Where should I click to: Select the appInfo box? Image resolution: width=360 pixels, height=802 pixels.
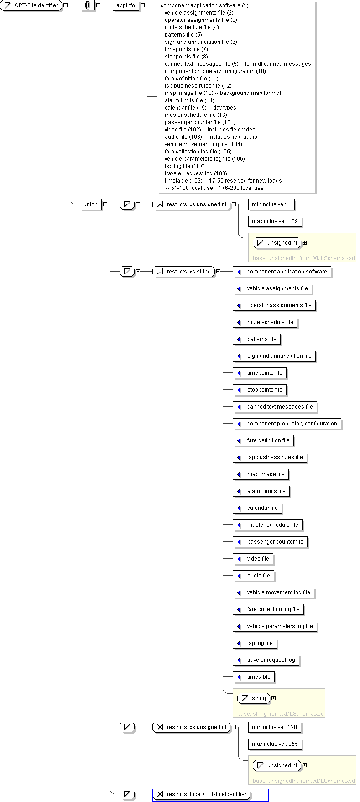(126, 5)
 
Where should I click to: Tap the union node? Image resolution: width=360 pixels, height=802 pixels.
(90, 204)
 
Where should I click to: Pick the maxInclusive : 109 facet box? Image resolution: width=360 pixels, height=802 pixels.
(275, 221)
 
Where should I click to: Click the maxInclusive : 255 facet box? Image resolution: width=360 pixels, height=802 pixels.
(275, 744)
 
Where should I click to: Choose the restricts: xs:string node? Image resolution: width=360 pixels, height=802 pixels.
(184, 272)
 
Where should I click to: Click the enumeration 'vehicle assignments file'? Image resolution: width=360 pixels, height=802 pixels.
(272, 288)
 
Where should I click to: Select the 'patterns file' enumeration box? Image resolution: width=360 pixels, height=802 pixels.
(256, 339)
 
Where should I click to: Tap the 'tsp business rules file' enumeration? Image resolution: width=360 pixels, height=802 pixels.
(270, 457)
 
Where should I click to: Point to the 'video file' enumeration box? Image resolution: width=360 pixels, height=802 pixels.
(253, 559)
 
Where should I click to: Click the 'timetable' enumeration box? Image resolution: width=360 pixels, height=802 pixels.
(254, 677)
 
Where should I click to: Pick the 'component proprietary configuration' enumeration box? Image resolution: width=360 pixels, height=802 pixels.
(287, 424)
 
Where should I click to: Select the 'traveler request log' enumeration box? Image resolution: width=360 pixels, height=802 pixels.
(266, 660)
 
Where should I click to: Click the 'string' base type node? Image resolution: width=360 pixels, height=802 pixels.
(253, 698)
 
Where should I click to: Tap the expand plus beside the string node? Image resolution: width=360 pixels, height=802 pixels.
(274, 698)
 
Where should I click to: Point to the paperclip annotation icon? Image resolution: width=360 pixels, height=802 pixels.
(88, 5)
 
